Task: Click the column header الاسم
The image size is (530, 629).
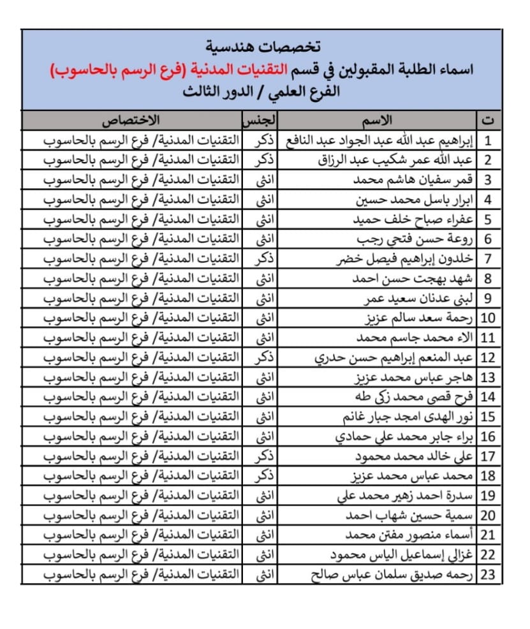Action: tap(381, 121)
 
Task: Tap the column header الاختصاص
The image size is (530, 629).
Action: tap(132, 121)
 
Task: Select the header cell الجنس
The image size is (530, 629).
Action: tap(260, 121)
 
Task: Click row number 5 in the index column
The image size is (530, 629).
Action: tap(488, 219)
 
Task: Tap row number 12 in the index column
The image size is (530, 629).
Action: tap(488, 358)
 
